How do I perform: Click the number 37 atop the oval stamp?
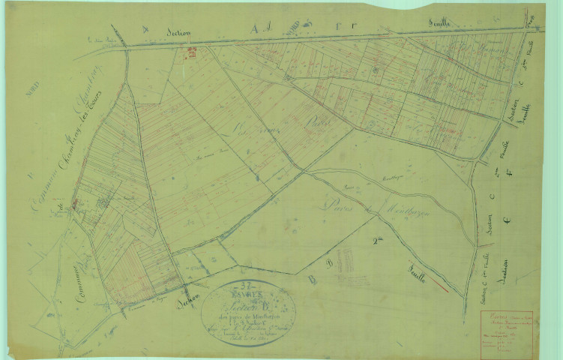[245, 284]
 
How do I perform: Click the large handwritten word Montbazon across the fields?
[408, 209]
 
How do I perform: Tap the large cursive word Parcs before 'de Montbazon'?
[342, 203]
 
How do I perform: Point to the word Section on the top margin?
[178, 32]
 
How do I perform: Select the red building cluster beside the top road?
[192, 52]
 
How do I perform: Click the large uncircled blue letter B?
[310, 279]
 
